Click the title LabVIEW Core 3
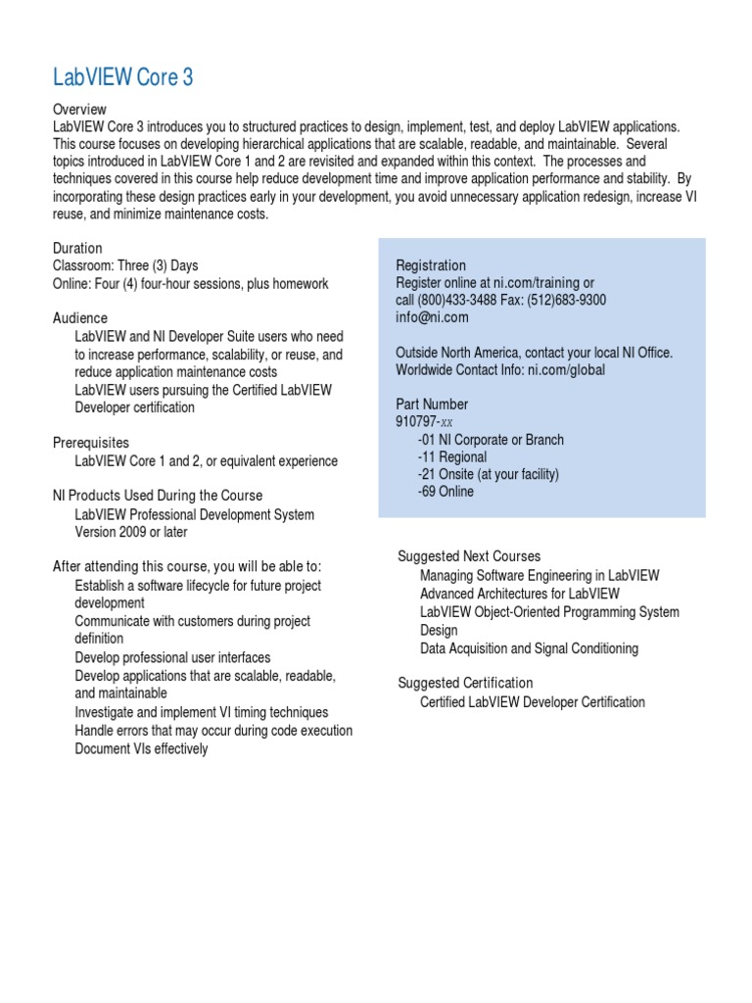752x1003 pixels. (122, 78)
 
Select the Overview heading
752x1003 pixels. (79, 110)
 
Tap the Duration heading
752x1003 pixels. (77, 249)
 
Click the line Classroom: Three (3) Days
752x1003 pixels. (125, 266)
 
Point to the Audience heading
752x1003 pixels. (80, 319)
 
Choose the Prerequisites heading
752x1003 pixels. (91, 444)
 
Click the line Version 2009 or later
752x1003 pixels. (131, 533)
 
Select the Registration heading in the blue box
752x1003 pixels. (431, 266)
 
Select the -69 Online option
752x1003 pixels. (446, 493)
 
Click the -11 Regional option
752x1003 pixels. (451, 457)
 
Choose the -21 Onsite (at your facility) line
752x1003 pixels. (488, 475)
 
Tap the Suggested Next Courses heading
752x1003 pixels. (469, 556)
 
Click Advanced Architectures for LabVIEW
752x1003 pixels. (519, 594)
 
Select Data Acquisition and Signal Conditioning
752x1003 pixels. (529, 648)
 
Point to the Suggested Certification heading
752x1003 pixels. (465, 683)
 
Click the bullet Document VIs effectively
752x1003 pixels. (141, 749)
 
